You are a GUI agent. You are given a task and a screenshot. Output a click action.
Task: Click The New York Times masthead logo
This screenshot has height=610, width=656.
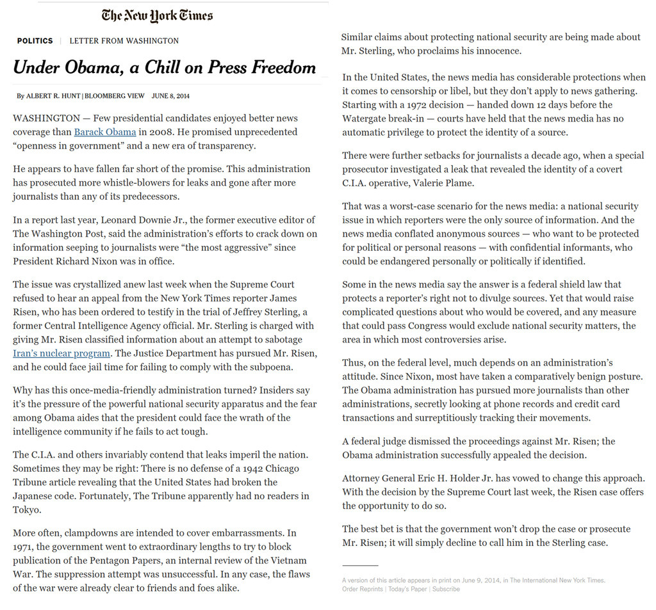[157, 15]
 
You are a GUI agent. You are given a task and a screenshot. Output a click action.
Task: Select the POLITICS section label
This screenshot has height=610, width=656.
[35, 41]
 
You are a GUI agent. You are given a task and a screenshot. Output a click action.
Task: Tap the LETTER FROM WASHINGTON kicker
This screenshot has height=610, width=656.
[124, 41]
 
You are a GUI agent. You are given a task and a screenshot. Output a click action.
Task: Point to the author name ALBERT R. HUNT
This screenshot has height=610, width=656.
[54, 96]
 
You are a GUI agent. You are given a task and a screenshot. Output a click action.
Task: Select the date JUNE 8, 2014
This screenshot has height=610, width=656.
[170, 96]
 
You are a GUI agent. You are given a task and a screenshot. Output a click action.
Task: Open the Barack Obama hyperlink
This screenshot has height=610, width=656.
[105, 132]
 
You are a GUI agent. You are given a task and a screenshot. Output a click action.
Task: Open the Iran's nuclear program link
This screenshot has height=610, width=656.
[61, 353]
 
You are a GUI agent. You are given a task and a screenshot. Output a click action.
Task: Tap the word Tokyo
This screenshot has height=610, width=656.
[26, 510]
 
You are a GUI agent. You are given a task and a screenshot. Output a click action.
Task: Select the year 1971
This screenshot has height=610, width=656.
[24, 547]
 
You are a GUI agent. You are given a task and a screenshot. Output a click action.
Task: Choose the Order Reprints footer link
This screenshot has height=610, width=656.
[362, 589]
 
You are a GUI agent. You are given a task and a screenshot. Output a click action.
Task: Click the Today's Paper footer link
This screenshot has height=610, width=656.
[407, 589]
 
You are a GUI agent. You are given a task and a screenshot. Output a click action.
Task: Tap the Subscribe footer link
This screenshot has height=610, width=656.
[446, 589]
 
